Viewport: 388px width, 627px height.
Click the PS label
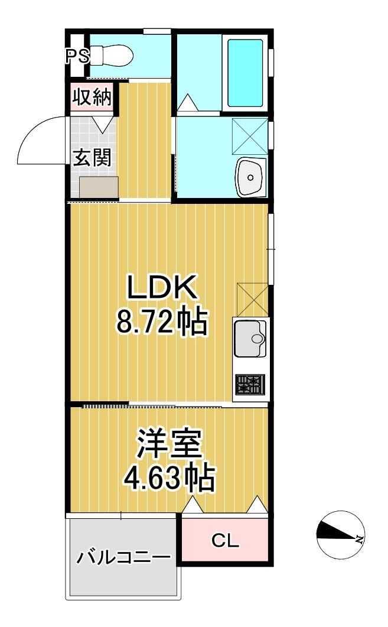[77, 56]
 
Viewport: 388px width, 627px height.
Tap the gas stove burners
[250, 385]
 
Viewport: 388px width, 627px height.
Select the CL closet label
[225, 540]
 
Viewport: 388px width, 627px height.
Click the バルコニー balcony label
[123, 557]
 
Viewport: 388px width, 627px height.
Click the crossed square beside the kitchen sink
[251, 299]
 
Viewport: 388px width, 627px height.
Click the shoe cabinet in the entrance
[99, 188]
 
